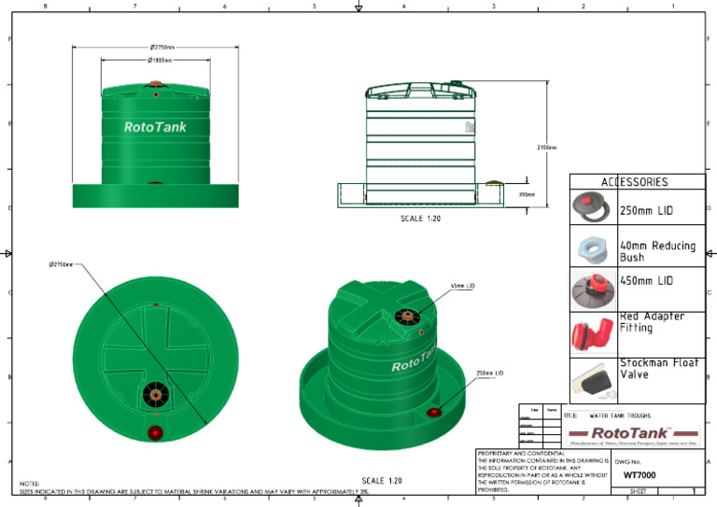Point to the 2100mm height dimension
pos(546,147)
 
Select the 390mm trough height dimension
pos(526,194)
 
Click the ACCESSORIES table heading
pos(634,182)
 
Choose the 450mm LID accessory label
pos(646,280)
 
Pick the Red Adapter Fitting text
pos(652,322)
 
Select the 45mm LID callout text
pos(463,286)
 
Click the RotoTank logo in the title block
pos(633,432)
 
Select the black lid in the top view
pos(154,396)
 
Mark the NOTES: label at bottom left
pos(29,483)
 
